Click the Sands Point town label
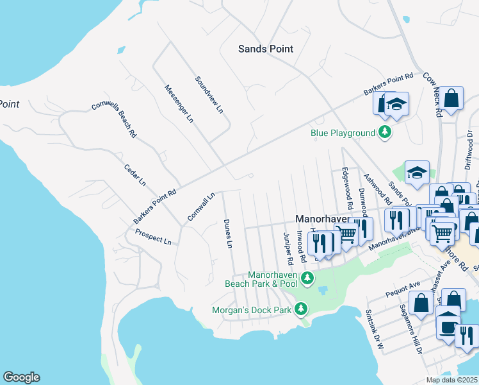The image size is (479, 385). pos(265,49)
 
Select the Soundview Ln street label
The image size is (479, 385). pos(209,95)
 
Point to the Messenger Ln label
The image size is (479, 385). pos(179,103)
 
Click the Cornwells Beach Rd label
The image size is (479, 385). pos(114,118)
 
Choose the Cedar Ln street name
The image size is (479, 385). pos(135,175)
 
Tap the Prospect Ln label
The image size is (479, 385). pos(152,238)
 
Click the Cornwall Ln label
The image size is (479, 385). pos(200,207)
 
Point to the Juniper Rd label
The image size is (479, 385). pos(288,248)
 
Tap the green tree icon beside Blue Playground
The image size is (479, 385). pos(385,133)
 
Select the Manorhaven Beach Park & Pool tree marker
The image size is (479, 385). pos(308,278)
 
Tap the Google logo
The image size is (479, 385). pos(21,377)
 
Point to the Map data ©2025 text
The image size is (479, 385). pos(451,380)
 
